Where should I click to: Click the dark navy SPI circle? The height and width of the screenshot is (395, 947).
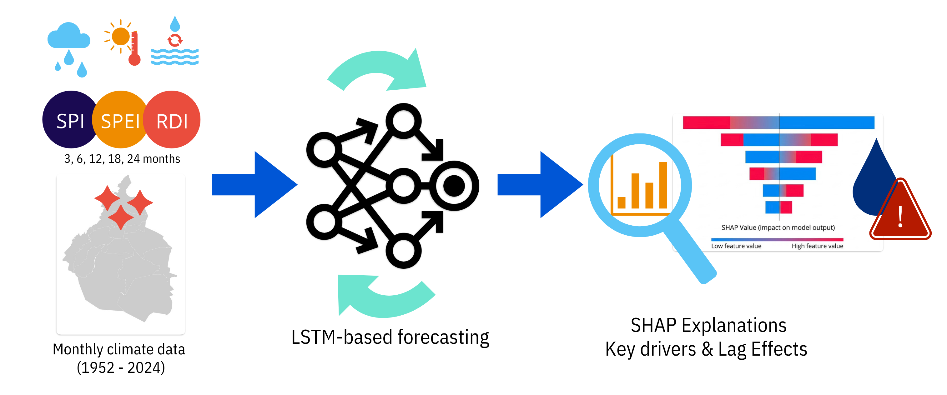[70, 120]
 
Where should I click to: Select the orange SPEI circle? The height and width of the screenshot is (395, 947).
[120, 120]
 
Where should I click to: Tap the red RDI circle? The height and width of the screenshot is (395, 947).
[172, 120]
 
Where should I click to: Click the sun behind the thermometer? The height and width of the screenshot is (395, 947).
[120, 36]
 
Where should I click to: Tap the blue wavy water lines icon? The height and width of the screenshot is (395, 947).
[175, 57]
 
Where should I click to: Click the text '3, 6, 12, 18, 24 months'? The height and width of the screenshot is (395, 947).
[122, 159]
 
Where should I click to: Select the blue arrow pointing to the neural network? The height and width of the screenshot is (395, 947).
[254, 184]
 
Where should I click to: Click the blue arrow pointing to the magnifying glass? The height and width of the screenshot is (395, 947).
[540, 184]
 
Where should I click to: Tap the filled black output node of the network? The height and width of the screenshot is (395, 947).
[454, 186]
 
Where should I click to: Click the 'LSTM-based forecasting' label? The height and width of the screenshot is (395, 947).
[390, 337]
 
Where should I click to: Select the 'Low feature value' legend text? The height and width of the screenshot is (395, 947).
[736, 246]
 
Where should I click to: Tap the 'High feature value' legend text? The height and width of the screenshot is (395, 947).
[818, 246]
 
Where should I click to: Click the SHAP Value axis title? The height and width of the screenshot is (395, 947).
[778, 227]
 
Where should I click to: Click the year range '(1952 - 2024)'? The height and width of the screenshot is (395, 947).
[121, 367]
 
